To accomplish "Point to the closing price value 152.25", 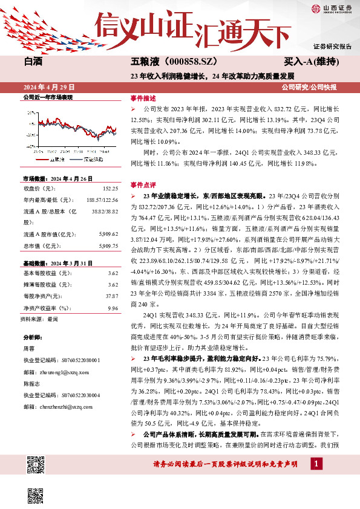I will [x=110, y=189].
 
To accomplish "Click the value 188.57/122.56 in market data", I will [x=102, y=200].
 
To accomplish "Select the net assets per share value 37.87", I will [x=111, y=296].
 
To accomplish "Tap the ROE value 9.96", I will [x=112, y=308].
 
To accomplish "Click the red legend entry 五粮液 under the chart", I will [x=57, y=159].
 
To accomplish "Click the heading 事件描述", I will [x=143, y=97].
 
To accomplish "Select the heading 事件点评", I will [x=143, y=184].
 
